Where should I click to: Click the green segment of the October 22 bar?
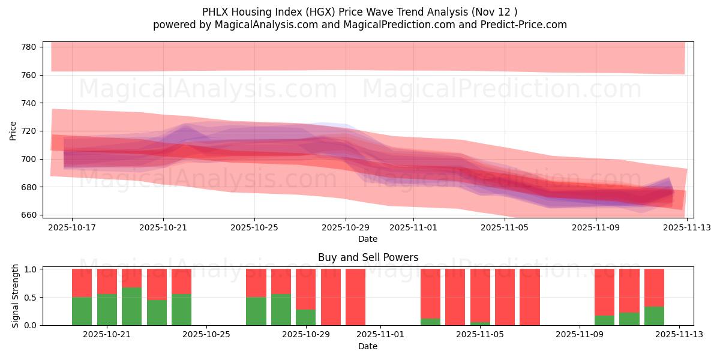point(131,306)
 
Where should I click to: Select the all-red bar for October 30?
point(331,297)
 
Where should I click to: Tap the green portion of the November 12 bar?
point(654,316)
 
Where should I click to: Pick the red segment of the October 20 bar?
point(82,283)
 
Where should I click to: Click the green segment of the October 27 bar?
point(256,311)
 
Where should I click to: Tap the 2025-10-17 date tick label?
point(72,228)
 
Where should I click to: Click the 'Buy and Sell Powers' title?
point(368,257)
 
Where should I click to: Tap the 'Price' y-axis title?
point(13,130)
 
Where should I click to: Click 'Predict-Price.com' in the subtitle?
point(526,25)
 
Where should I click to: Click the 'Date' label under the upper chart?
point(368,239)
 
